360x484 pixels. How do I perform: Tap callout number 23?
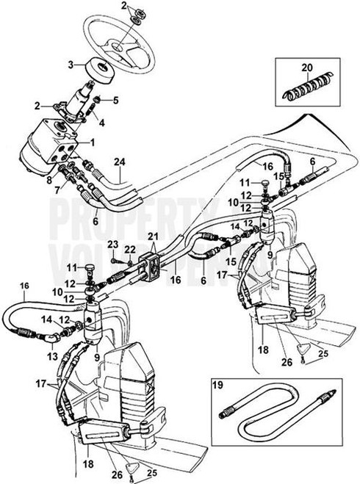112,245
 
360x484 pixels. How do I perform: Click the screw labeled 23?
117,258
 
